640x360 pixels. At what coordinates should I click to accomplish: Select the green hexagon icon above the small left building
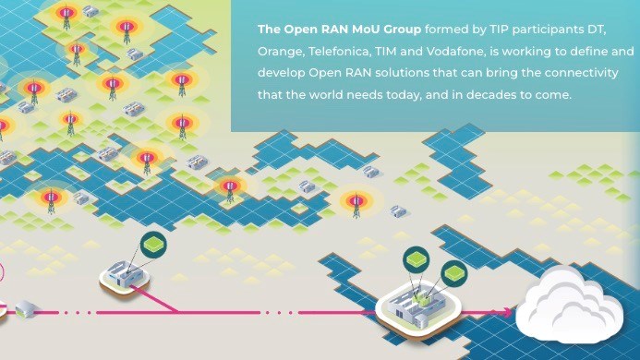(151, 245)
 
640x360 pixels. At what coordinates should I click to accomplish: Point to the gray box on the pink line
(24, 310)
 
